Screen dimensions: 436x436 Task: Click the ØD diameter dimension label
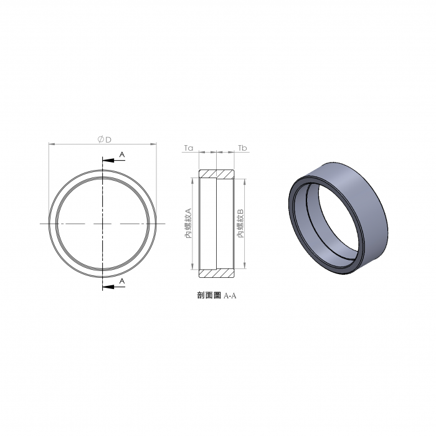coord(104,139)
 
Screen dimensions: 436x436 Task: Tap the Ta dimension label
coord(189,148)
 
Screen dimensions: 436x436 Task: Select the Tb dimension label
coord(242,148)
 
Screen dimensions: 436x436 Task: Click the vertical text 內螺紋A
coord(189,223)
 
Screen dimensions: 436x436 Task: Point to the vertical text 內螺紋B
coord(240,223)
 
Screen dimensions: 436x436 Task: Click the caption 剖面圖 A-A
coord(217,295)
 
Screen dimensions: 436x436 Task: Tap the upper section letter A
coord(122,154)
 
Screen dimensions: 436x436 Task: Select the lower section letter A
coord(122,281)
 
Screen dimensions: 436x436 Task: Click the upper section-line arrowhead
coord(108,161)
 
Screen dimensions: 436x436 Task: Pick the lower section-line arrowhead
coord(108,287)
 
